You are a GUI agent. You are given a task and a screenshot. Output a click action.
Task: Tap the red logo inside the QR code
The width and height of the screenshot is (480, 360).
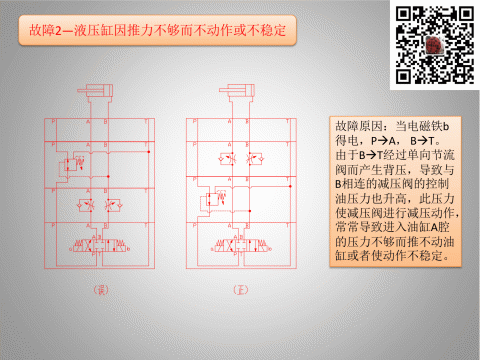pos(433,46)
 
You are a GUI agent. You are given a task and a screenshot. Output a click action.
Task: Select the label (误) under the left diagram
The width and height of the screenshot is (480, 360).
pos(99,291)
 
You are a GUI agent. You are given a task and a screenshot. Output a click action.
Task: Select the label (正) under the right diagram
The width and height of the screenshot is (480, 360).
pos(238,291)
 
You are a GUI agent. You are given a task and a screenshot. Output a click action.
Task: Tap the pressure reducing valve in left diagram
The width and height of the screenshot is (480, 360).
pos(73,164)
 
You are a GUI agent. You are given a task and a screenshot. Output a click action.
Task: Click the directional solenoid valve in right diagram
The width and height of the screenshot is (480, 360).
pos(239,244)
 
